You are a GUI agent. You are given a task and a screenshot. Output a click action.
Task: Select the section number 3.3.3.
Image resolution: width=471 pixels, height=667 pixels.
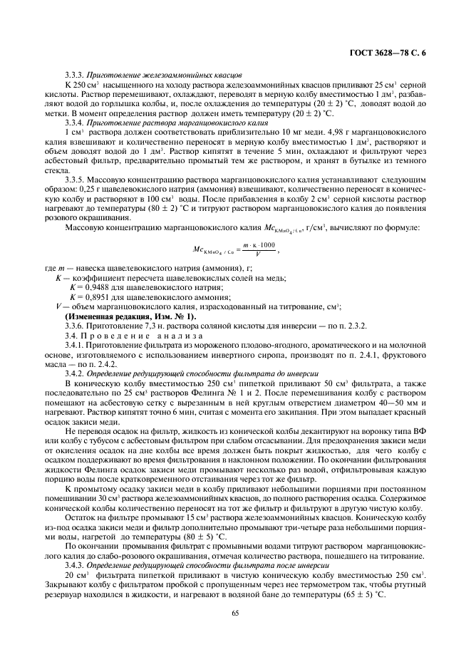[75, 74]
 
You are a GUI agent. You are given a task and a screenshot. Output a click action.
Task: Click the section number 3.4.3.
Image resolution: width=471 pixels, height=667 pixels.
[75, 564]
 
